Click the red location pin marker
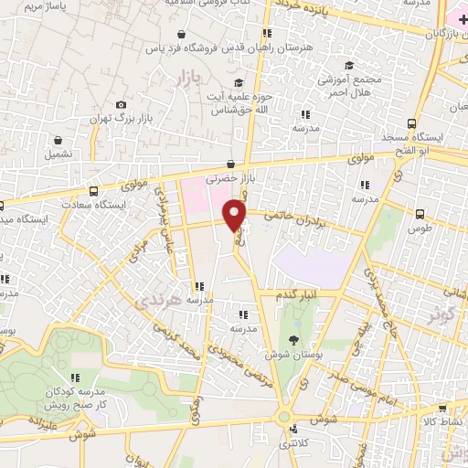(236, 213)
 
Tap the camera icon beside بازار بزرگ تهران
(121, 105)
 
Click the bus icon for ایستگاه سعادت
(94, 191)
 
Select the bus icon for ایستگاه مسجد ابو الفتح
(413, 123)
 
